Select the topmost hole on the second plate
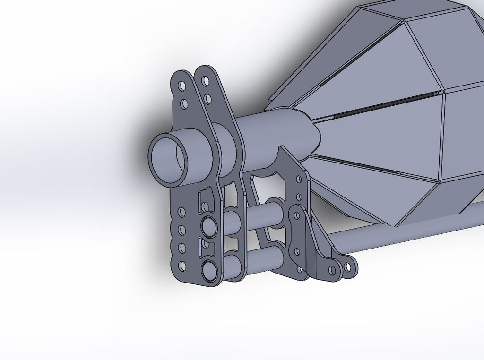click(x=205, y=81)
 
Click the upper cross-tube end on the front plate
click(x=208, y=226)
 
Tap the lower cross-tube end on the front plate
click(x=208, y=270)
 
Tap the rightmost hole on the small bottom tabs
click(x=348, y=267)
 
